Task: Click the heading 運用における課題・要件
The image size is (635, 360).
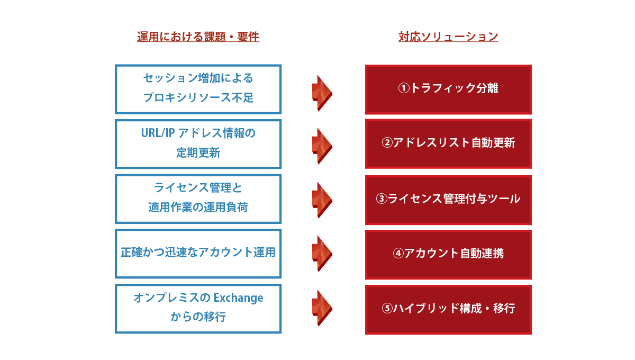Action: coord(198,37)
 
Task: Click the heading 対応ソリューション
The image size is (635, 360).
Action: coord(448,37)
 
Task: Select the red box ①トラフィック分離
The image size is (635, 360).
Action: coord(448,89)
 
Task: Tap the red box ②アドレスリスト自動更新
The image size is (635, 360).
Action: coord(448,144)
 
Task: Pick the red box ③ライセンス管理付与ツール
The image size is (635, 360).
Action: coord(448,200)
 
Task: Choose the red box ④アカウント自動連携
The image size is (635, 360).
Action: coord(448,255)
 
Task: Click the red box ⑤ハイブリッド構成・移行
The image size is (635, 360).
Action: coord(448,310)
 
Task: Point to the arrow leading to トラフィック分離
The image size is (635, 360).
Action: coord(322,93)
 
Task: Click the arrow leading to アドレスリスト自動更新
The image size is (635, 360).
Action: coord(322,146)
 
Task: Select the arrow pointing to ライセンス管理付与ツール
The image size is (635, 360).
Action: coord(322,200)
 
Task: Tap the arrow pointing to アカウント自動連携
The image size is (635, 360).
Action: coord(322,254)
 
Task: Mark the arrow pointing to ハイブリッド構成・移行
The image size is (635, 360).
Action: coord(322,308)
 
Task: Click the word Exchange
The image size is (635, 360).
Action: coord(238,298)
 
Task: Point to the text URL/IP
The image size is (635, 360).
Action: coord(158,133)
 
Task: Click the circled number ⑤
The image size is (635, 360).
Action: coord(387,308)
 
